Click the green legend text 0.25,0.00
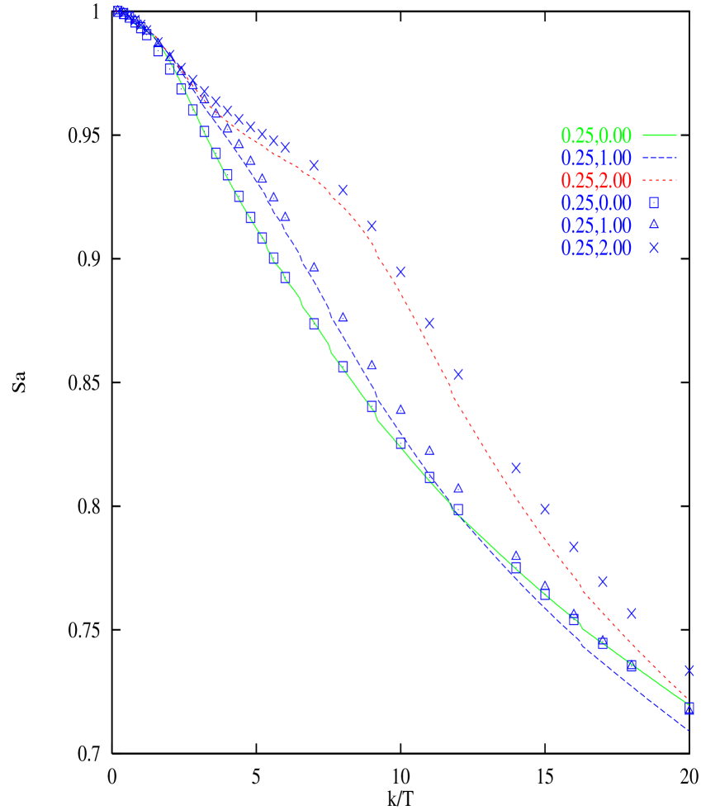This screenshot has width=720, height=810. [x=596, y=135]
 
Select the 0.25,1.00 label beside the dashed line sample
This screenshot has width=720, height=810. [x=596, y=158]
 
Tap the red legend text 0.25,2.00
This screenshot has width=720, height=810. [x=596, y=180]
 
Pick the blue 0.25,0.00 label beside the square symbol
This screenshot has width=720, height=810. [x=596, y=202]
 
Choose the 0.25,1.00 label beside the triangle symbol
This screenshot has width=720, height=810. [x=596, y=225]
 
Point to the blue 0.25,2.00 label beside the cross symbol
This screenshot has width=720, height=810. [x=596, y=247]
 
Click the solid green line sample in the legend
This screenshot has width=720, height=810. [x=659, y=135]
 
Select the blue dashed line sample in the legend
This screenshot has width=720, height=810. [x=659, y=158]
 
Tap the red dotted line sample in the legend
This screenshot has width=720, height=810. [x=659, y=180]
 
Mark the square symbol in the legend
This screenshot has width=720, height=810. [x=653, y=202]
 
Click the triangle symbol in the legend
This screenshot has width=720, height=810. [x=653, y=225]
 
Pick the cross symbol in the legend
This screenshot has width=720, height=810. [x=653, y=247]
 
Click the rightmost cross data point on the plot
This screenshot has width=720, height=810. [x=689, y=670]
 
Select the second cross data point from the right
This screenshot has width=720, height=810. [x=632, y=613]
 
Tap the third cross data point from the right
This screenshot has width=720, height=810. [x=603, y=581]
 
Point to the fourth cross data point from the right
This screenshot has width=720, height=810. [x=574, y=547]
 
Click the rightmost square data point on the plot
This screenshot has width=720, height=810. [x=689, y=708]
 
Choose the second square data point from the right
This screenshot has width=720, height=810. [x=632, y=666]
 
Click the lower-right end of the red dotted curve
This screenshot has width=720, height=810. [x=688, y=699]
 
